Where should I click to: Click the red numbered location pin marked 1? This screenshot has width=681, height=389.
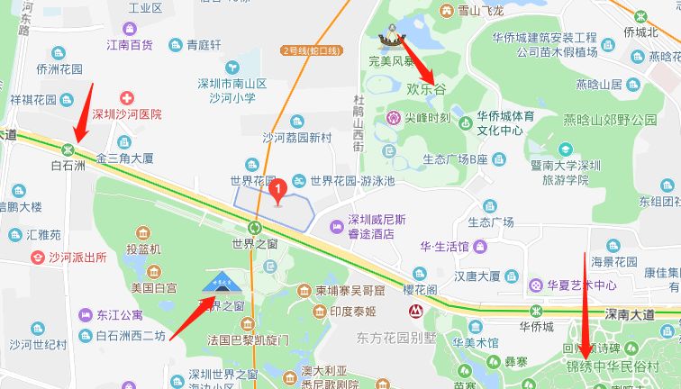tap(279, 189)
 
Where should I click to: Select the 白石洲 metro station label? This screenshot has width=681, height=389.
tap(68, 167)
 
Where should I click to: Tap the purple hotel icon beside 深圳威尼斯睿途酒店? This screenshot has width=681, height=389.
tap(336, 225)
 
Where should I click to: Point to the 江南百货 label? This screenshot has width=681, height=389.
tap(130, 44)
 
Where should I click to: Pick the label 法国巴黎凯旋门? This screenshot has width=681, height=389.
tap(248, 340)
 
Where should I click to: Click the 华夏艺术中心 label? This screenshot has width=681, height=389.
tap(582, 285)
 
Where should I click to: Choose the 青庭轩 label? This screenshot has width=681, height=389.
tap(204, 44)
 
